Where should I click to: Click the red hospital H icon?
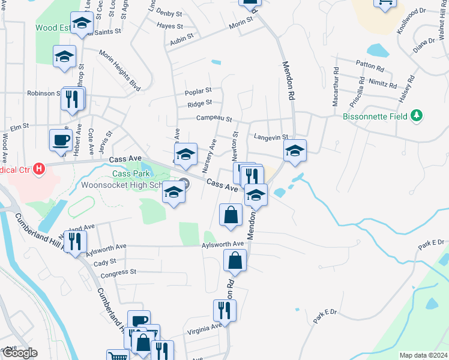coord(39,169)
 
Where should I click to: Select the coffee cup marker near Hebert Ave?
coord(60,140)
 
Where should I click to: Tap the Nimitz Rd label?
coord(383,86)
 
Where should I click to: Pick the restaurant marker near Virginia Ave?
coord(224,311)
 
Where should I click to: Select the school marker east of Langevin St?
coord(295,151)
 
